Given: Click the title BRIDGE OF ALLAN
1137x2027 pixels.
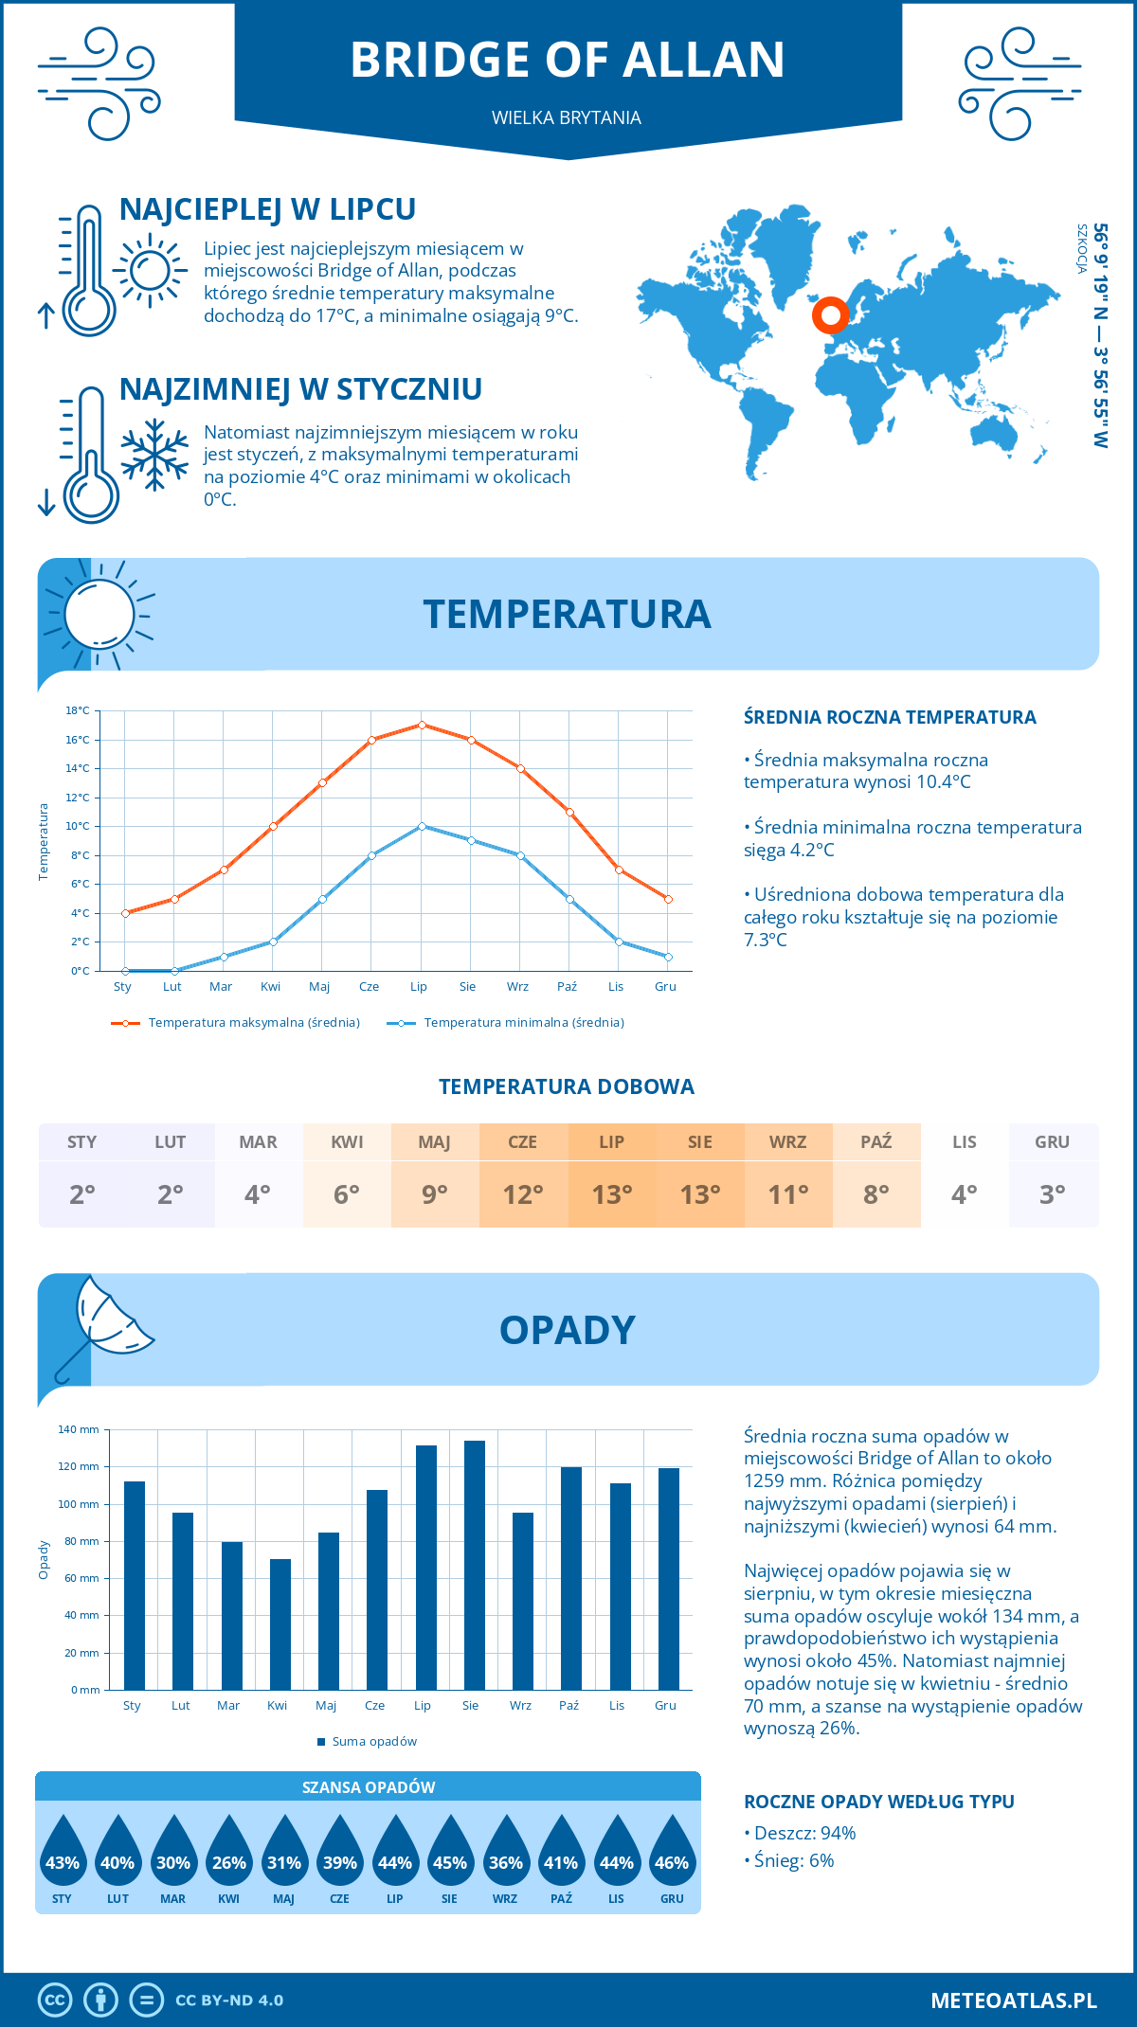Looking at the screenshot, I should click(x=568, y=60).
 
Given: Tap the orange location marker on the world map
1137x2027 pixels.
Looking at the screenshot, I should click(x=831, y=315).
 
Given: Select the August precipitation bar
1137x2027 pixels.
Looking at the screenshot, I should click(x=474, y=1565).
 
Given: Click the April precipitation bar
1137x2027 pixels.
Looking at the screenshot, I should click(x=280, y=1624).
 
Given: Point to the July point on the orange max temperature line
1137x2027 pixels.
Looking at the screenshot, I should click(x=422, y=725).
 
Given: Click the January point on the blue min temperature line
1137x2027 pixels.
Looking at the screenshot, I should click(x=125, y=971).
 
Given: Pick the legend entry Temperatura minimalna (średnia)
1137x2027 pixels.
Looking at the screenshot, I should click(x=523, y=1023).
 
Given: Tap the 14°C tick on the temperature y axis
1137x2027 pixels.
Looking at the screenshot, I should click(x=78, y=768).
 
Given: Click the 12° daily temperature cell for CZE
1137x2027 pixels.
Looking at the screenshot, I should click(x=523, y=1194).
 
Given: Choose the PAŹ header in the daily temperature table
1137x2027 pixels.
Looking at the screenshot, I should click(x=875, y=1142).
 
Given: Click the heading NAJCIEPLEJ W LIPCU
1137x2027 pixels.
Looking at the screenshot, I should click(x=267, y=209).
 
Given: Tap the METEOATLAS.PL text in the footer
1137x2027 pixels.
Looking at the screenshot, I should click(x=1013, y=2000).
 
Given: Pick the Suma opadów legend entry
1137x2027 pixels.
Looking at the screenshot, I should click(x=373, y=1742).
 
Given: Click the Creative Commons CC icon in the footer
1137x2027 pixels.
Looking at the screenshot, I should click(x=55, y=2000).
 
